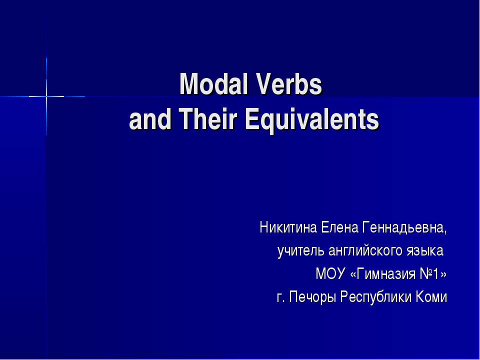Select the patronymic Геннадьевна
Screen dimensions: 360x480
404,229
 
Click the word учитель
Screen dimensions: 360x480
301,251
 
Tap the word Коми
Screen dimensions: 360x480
432,297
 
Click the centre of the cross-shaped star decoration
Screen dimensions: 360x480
46,95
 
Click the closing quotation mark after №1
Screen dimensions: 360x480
443,274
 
